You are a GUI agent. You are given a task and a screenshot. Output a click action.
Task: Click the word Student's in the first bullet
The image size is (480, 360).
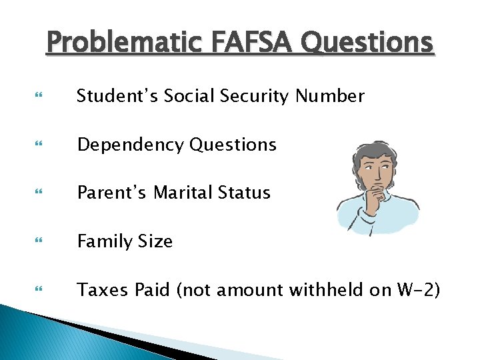point(115,97)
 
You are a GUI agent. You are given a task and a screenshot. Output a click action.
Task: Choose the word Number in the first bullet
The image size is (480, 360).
point(330,97)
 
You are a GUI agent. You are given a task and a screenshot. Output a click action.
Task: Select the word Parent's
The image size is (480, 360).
point(112,193)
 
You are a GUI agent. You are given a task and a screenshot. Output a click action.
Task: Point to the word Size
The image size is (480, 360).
point(155,241)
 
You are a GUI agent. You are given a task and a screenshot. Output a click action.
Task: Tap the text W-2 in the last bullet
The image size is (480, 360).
point(419,290)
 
